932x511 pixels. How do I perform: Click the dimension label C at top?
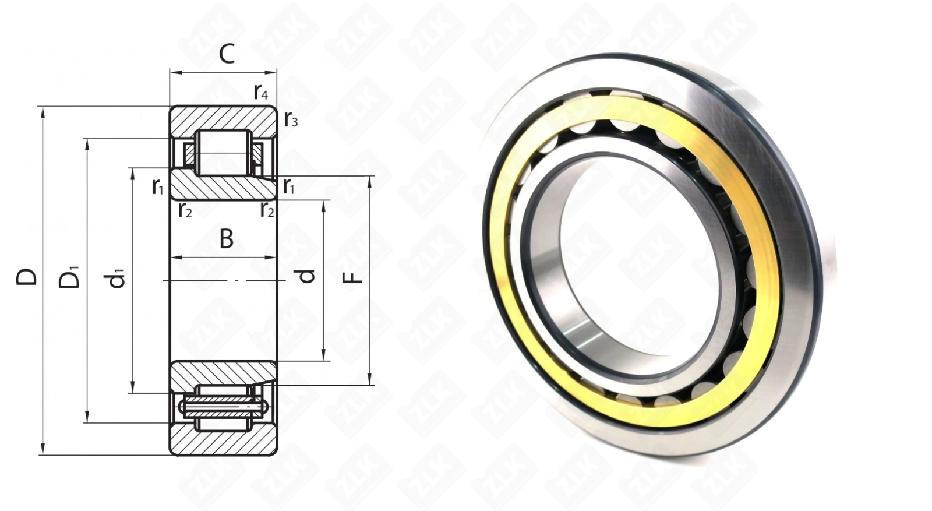[227, 54]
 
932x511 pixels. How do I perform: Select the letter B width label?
[227, 239]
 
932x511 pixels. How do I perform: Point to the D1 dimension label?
[69, 277]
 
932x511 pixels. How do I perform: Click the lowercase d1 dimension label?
[116, 279]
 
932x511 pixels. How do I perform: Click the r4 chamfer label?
[261, 91]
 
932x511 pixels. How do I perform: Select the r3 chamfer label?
[291, 119]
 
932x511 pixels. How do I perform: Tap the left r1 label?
[158, 186]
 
